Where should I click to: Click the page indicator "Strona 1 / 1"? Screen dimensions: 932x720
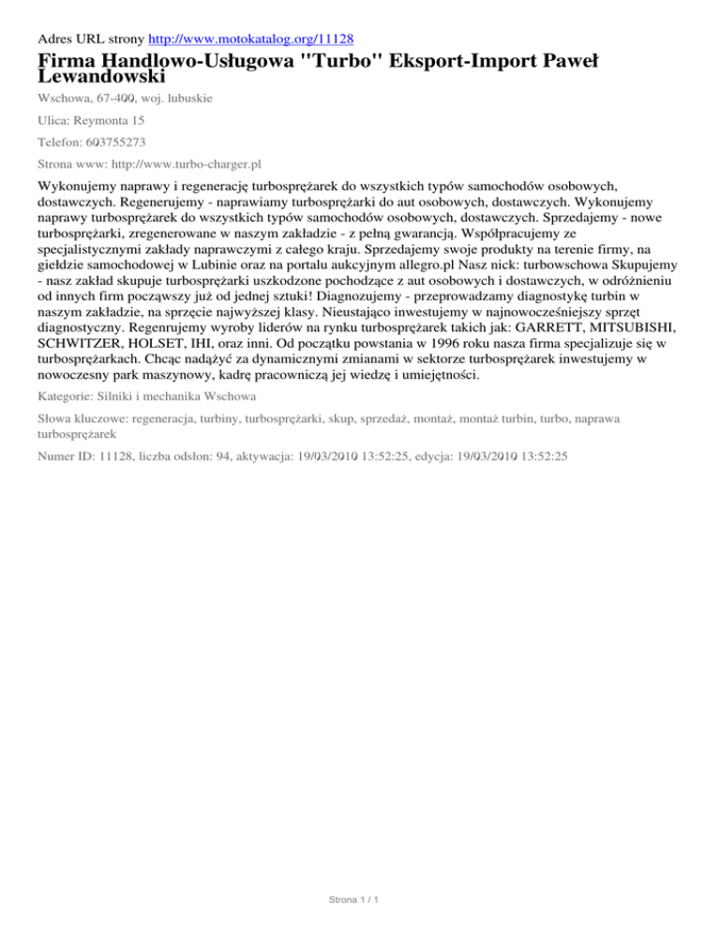[x=359, y=901]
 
